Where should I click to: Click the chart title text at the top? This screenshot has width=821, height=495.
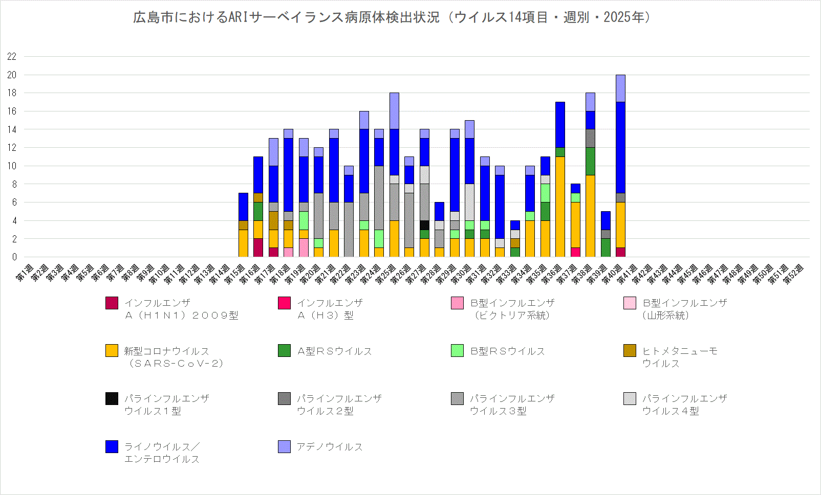click(x=392, y=17)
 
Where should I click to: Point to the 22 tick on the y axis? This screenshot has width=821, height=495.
click(x=12, y=56)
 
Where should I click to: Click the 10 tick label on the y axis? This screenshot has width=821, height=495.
click(x=12, y=166)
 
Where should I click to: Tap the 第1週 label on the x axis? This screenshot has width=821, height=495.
click(x=25, y=273)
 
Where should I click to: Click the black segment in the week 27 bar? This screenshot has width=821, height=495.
click(x=424, y=225)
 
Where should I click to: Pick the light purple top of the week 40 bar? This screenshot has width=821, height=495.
click(x=620, y=88)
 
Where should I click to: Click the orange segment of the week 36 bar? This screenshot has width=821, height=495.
click(x=560, y=207)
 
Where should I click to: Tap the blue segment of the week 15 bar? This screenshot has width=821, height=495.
click(x=243, y=207)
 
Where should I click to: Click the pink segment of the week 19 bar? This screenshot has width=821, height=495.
click(x=304, y=247)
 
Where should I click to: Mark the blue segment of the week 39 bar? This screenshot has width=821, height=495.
click(x=606, y=220)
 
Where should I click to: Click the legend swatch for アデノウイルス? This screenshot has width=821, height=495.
click(x=284, y=446)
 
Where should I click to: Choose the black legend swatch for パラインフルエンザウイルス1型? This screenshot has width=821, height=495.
click(x=112, y=398)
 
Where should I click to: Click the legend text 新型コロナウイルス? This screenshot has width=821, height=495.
click(x=167, y=351)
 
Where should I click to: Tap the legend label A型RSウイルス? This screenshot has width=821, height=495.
click(x=335, y=351)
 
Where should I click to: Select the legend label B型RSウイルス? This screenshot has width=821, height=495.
click(x=508, y=351)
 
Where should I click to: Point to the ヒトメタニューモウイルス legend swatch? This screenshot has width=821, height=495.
click(x=630, y=350)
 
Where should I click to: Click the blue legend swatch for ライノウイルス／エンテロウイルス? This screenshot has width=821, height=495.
click(x=112, y=446)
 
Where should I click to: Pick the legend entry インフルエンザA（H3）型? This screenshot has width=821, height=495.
click(x=330, y=309)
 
